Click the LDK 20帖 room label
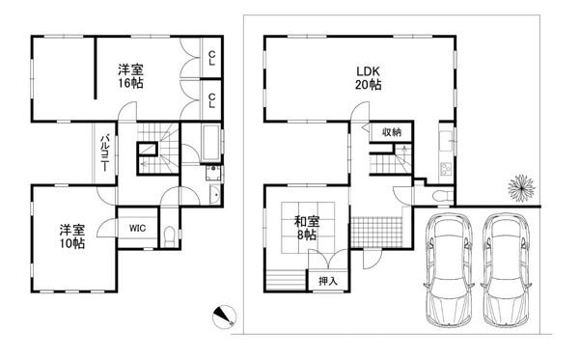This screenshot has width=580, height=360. click(x=368, y=78)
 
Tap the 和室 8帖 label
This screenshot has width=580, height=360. click(x=307, y=229)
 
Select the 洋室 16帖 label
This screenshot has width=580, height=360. click(x=130, y=76)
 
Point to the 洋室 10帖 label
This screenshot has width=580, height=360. click(x=72, y=236)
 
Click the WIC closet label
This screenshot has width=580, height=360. click(x=137, y=229)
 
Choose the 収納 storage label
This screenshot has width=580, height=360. click(x=392, y=132)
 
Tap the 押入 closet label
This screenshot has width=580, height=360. click(x=328, y=281)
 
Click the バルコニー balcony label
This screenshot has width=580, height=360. click(x=104, y=152)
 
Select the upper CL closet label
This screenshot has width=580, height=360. click(x=211, y=58)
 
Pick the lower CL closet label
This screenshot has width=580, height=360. click(x=211, y=100)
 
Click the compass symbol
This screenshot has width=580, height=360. click(x=224, y=317)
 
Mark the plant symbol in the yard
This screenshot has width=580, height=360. click(x=521, y=188)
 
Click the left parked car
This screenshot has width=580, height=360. click(x=449, y=269)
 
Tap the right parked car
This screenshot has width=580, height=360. click(x=506, y=269)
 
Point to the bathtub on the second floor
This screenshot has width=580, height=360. click(x=210, y=143)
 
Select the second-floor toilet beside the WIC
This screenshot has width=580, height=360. click(x=170, y=235)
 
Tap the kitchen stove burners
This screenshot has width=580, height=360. click(x=446, y=170)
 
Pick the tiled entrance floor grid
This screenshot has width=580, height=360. click(x=376, y=232)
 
